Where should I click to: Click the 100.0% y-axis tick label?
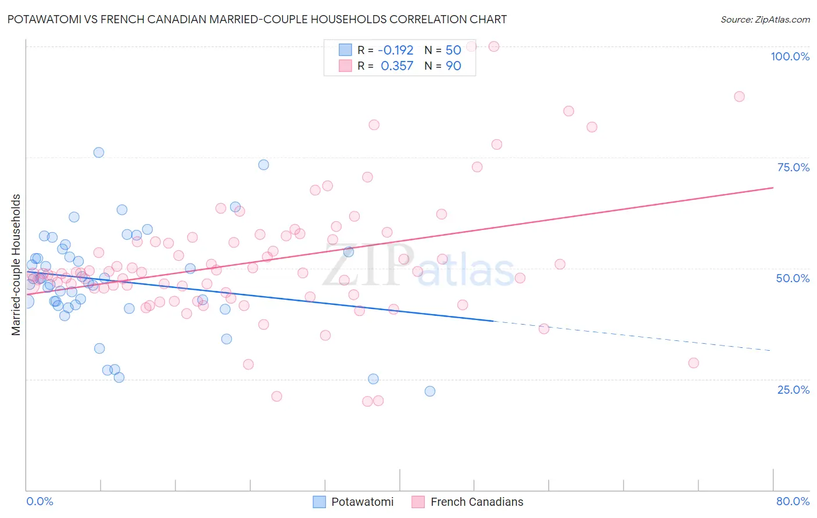click(x=790, y=56)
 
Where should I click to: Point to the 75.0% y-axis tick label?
click(x=793, y=167)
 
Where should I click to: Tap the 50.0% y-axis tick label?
click(x=793, y=278)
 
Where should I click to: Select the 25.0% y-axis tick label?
click(x=793, y=389)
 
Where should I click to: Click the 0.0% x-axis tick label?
click(x=40, y=501)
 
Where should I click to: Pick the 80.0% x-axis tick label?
click(x=793, y=501)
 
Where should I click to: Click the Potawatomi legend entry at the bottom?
click(x=353, y=502)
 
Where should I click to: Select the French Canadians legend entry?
click(x=468, y=502)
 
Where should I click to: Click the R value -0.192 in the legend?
click(x=395, y=50)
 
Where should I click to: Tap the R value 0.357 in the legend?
click(x=397, y=66)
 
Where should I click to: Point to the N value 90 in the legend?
click(x=453, y=66)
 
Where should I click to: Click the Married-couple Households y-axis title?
click(x=16, y=265)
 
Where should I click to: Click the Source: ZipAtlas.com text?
click(x=765, y=19)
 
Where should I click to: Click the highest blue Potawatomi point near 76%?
click(x=99, y=152)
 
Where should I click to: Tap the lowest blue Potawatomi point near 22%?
click(x=430, y=391)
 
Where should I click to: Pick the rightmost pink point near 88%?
click(x=739, y=96)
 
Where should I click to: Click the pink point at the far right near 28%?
click(x=693, y=363)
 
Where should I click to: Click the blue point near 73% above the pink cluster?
click(x=263, y=164)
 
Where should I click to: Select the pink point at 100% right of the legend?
click(x=494, y=46)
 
